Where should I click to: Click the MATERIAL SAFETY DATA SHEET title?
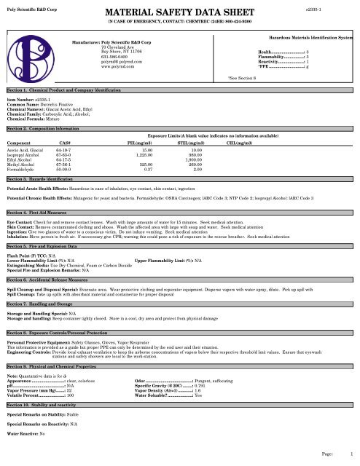(181, 12)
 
